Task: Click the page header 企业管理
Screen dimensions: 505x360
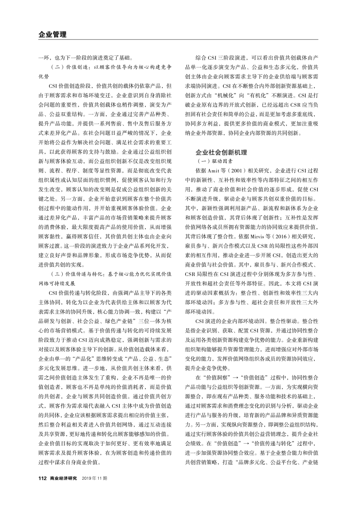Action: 52,34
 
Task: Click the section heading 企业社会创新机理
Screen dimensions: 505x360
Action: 221,153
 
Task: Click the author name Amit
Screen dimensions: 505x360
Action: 212,169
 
